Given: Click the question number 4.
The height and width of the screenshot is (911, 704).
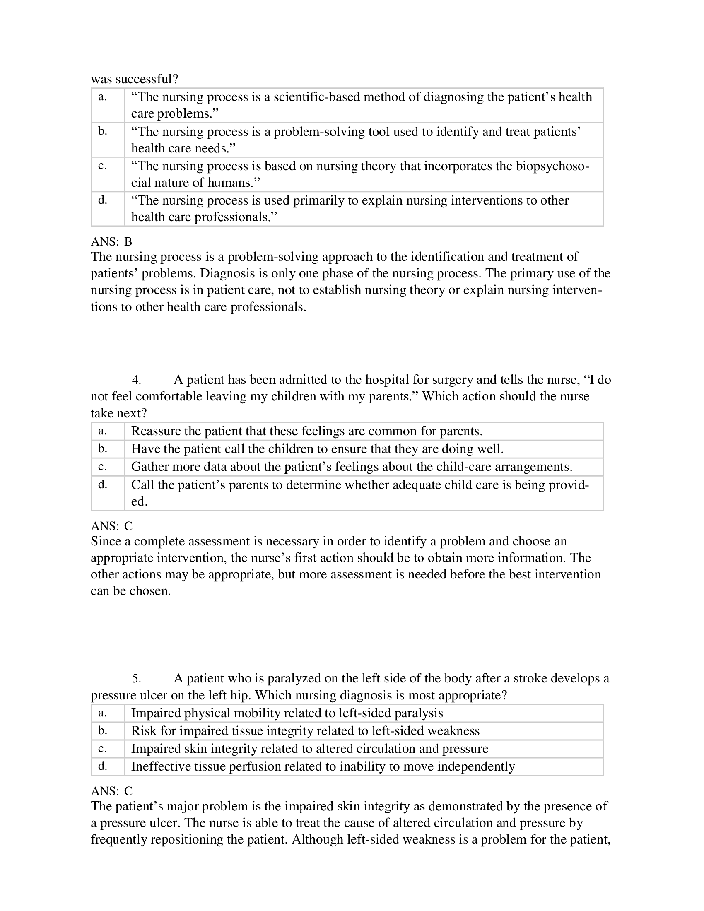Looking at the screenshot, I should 136,380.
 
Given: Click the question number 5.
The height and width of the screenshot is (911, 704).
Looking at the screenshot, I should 136,678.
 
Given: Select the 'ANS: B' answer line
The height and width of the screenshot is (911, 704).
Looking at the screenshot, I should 111,241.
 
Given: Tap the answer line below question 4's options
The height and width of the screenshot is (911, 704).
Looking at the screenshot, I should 111,526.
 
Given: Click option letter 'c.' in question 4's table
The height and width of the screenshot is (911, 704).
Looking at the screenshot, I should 103,466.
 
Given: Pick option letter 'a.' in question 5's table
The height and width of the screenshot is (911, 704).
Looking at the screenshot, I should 103,713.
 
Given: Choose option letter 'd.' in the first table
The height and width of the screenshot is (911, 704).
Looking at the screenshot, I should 103,200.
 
